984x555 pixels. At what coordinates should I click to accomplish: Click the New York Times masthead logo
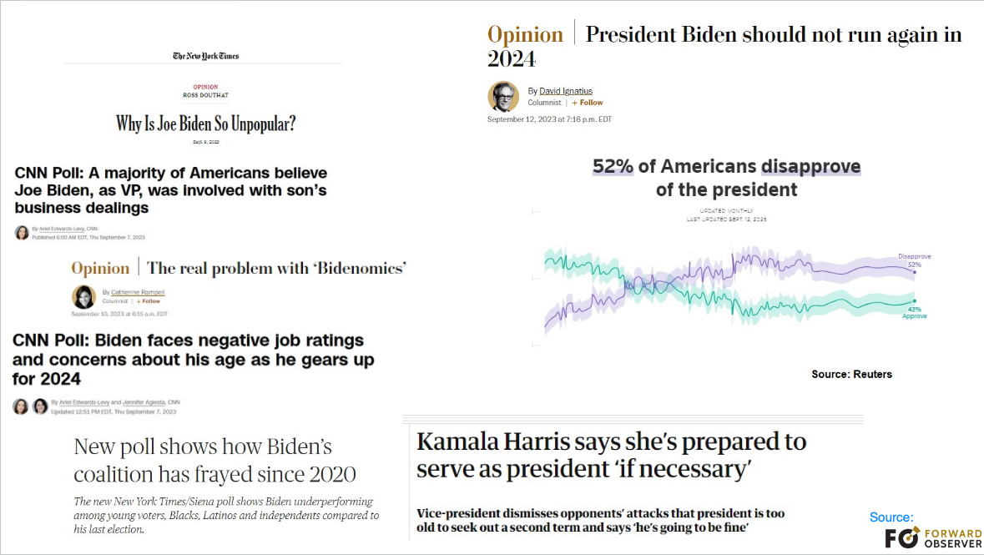pyautogui.click(x=205, y=56)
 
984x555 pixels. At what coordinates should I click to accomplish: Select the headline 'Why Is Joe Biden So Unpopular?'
pyautogui.click(x=205, y=124)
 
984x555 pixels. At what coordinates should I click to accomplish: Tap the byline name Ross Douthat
pyautogui.click(x=205, y=94)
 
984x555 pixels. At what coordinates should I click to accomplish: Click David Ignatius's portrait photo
pyautogui.click(x=503, y=96)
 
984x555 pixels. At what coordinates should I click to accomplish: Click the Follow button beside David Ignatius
pyautogui.click(x=588, y=103)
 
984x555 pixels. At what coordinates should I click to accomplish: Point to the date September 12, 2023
pyautogui.click(x=549, y=119)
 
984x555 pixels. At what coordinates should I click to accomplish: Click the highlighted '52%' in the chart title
pyautogui.click(x=613, y=167)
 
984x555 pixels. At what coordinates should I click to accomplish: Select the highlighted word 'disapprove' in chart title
pyautogui.click(x=810, y=167)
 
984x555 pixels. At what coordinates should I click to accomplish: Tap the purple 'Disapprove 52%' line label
pyautogui.click(x=914, y=260)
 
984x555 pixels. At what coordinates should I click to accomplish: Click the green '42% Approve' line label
pyautogui.click(x=914, y=313)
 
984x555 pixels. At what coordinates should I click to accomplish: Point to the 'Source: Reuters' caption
pyautogui.click(x=851, y=374)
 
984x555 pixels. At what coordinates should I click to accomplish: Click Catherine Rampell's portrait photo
pyautogui.click(x=84, y=297)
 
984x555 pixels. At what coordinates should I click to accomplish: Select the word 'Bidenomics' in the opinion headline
pyautogui.click(x=364, y=268)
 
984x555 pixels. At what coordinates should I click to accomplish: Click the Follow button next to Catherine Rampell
pyautogui.click(x=149, y=301)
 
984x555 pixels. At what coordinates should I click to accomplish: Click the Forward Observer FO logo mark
pyautogui.click(x=901, y=537)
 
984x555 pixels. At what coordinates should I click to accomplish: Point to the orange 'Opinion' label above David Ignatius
pyautogui.click(x=525, y=35)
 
